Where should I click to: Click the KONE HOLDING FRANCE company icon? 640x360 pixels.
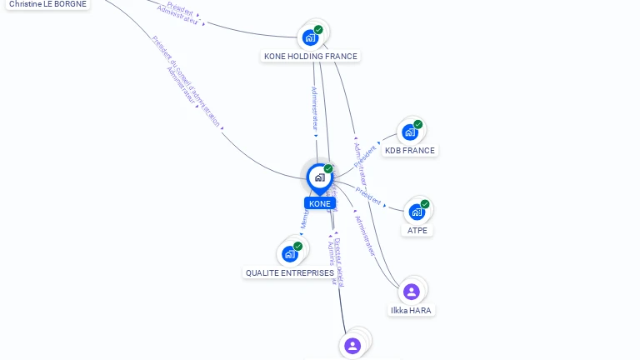tap(310, 37)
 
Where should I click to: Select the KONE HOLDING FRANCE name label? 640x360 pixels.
tap(310, 57)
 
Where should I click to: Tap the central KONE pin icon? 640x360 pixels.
tap(319, 177)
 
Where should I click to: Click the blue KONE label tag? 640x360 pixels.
tap(319, 203)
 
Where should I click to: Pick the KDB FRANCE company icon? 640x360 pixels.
tap(409, 132)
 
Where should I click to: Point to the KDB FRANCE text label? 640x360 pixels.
tap(409, 151)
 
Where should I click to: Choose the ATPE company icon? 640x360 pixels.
tap(416, 212)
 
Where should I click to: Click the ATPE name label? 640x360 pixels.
tap(417, 230)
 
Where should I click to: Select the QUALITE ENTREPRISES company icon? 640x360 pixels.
tap(289, 253)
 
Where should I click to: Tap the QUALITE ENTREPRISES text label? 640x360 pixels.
tap(289, 272)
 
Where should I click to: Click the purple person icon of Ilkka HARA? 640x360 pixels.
tap(411, 292)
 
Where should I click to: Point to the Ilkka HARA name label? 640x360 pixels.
tap(412, 310)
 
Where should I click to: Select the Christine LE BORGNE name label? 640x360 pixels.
tap(47, 3)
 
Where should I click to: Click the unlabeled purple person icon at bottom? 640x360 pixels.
tap(352, 345)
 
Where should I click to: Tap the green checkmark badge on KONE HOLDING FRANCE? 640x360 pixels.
tap(318, 30)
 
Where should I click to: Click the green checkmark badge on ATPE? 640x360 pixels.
tap(425, 204)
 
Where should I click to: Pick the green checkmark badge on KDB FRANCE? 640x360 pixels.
tap(417, 125)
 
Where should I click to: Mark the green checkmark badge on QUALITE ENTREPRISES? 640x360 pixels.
tap(297, 246)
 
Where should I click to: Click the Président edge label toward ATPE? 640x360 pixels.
tap(368, 197)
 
